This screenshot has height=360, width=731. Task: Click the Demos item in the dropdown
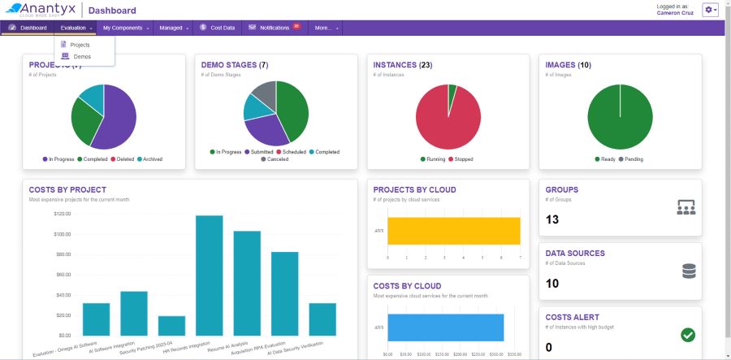[x=81, y=56]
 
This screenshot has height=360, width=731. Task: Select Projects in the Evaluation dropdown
[x=80, y=45]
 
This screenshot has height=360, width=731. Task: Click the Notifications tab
[x=274, y=28]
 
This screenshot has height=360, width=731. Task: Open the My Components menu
[x=125, y=28]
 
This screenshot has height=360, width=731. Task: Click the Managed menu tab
[x=173, y=28]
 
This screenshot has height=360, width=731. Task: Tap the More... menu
[x=325, y=28]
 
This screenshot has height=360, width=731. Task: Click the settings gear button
[x=710, y=10]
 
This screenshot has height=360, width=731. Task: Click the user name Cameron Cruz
[x=675, y=13]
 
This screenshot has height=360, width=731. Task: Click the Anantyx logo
[x=40, y=10]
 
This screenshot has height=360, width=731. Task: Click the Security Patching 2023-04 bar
[x=171, y=325]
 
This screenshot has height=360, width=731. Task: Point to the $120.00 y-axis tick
[x=63, y=214]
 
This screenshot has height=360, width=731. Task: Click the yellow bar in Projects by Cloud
[x=453, y=231]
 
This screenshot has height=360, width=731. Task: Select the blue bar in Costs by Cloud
[x=445, y=327]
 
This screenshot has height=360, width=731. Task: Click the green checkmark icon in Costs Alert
[x=687, y=335]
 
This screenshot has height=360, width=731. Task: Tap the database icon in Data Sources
[x=689, y=271]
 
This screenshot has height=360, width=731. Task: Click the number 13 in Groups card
[x=552, y=219]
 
